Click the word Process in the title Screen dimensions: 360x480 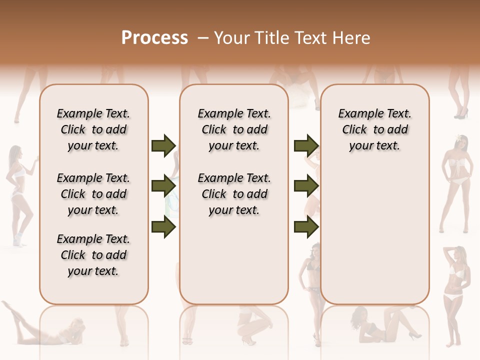click(x=154, y=38)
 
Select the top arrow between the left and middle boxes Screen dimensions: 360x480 click(x=163, y=146)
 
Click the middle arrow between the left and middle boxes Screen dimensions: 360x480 click(x=163, y=186)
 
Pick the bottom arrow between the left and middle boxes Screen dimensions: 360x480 click(x=163, y=227)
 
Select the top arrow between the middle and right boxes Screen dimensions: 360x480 click(x=306, y=146)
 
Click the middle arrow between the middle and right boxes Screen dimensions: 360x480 click(x=306, y=186)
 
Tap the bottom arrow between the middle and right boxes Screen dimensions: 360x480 click(x=306, y=227)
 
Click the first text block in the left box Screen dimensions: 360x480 click(x=93, y=129)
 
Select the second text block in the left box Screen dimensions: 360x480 click(x=93, y=194)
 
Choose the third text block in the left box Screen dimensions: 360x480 click(x=93, y=255)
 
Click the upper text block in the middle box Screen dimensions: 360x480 click(x=234, y=129)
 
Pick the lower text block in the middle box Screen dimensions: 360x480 click(x=234, y=194)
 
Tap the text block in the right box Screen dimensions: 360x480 click(x=374, y=129)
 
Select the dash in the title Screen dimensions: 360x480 click(x=203, y=38)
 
